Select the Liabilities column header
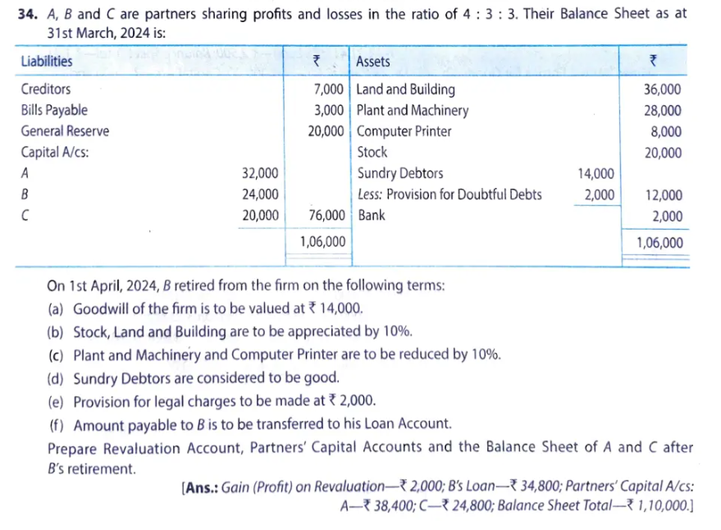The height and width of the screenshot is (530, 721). (47, 62)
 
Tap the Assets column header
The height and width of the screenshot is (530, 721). (374, 62)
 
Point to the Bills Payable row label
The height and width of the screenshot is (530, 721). (54, 110)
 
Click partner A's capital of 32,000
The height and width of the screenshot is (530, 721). (260, 174)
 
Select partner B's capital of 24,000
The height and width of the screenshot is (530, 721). (260, 195)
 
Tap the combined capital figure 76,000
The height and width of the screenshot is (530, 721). (327, 217)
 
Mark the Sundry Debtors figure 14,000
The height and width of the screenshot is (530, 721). (595, 174)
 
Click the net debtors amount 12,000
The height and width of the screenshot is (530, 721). (663, 195)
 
